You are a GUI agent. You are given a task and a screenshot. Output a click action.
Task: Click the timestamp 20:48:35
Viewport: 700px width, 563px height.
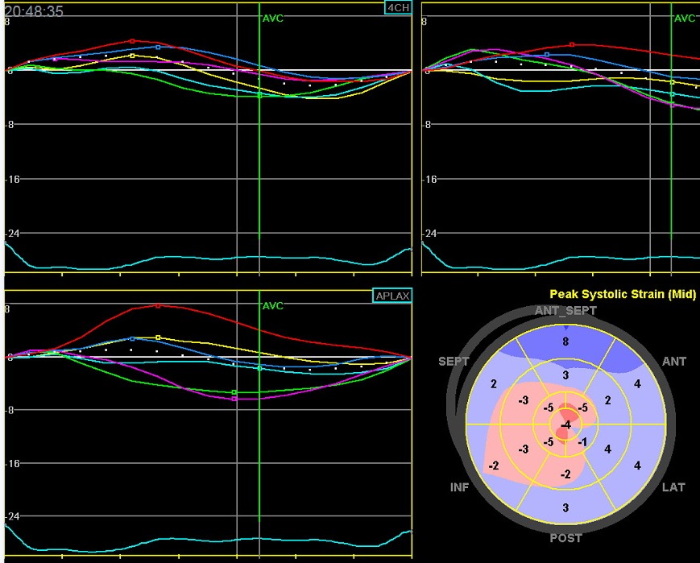click(34, 10)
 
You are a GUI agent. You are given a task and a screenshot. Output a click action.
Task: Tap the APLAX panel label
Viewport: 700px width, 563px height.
click(392, 296)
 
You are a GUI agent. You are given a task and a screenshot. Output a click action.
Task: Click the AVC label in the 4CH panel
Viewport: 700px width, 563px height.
click(273, 18)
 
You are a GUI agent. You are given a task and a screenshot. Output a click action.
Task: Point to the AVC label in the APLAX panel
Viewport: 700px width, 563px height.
click(273, 306)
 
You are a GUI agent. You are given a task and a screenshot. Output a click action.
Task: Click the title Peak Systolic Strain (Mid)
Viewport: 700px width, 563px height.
click(623, 295)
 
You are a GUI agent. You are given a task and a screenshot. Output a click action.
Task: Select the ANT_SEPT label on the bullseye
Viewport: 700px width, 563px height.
click(565, 311)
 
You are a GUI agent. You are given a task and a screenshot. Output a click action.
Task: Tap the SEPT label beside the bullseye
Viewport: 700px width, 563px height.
click(454, 362)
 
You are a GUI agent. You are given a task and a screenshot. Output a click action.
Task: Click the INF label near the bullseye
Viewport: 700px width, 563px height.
click(459, 487)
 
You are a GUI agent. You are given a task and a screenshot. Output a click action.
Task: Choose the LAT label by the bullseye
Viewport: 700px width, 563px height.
click(673, 487)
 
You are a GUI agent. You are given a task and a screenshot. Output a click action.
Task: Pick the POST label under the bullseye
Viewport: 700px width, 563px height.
click(565, 537)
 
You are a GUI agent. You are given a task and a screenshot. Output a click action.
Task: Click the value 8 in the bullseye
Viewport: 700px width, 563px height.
click(565, 342)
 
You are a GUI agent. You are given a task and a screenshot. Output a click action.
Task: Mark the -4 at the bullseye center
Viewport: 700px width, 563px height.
click(566, 424)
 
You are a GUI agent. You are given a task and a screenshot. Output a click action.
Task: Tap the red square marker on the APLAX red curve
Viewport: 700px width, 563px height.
click(158, 306)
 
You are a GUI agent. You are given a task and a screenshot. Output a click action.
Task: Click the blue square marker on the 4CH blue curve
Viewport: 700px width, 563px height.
click(158, 48)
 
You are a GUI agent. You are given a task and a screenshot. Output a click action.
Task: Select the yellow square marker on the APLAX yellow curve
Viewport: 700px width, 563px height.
click(158, 337)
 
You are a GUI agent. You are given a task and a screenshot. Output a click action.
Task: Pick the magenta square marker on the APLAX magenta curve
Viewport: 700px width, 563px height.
click(234, 399)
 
